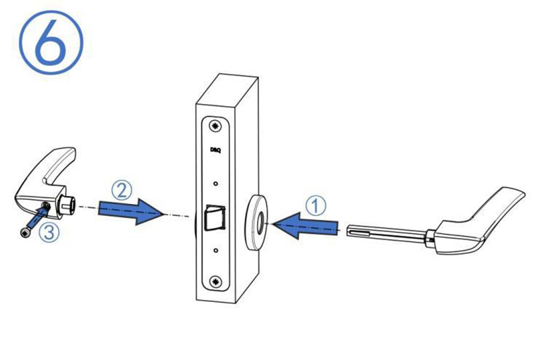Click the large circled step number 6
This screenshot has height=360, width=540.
click(51, 42)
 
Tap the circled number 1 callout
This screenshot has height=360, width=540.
click(315, 205)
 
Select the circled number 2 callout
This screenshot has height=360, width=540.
click(122, 190)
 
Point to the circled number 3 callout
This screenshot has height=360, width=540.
click(49, 232)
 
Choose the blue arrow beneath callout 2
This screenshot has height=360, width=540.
click(130, 211)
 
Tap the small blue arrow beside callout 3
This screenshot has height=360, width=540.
click(38, 217)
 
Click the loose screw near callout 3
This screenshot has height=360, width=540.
click(25, 233)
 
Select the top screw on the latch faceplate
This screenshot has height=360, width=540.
click(216, 126)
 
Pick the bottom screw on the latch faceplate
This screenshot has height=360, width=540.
click(216, 281)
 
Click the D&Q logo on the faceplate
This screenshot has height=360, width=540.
click(215, 150)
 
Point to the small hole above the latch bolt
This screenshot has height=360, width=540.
click(215, 184)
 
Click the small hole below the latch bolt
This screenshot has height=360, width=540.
click(215, 251)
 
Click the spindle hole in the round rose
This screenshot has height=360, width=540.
click(261, 224)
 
